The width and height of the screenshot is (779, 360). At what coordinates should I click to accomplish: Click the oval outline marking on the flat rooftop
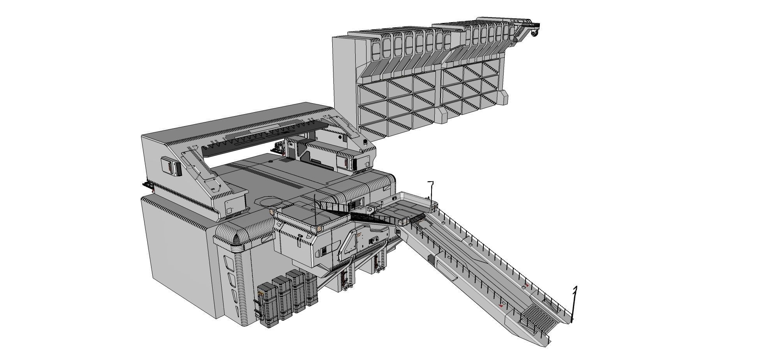[270, 201]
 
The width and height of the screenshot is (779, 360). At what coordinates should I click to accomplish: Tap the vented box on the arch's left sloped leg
[172, 166]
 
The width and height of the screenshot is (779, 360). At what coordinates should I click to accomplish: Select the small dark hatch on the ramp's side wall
[430, 259]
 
